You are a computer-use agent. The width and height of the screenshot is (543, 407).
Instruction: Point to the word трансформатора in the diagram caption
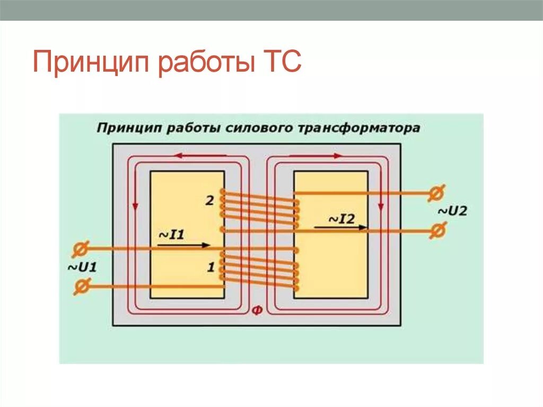pyautogui.click(x=355, y=128)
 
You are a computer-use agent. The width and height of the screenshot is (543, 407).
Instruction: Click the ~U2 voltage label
pyautogui.click(x=452, y=211)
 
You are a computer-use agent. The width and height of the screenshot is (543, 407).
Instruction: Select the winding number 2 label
pyautogui.click(x=209, y=201)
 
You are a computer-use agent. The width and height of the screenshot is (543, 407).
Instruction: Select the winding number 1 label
pyautogui.click(x=211, y=268)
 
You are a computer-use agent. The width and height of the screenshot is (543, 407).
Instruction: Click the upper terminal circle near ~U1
pyautogui.click(x=81, y=248)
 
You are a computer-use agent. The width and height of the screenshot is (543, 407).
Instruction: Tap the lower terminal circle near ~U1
pyautogui.click(x=81, y=287)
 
